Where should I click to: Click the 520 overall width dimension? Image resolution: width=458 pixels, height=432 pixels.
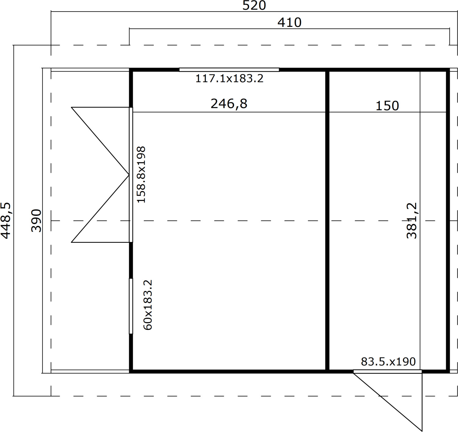[254, 6]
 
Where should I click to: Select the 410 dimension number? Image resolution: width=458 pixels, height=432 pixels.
[289, 23]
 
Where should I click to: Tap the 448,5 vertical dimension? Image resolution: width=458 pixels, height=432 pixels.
[6, 221]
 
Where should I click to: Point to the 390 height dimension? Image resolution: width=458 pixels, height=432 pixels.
[36, 221]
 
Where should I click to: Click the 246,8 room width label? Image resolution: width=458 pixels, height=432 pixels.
[229, 104]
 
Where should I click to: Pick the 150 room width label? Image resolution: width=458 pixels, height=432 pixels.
[387, 106]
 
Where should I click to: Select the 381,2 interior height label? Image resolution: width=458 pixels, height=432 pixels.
[412, 221]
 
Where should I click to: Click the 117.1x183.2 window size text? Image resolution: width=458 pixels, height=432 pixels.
[229, 79]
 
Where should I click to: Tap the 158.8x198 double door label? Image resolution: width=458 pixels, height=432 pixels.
[141, 175]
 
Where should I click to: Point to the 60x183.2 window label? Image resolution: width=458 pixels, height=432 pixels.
[147, 305]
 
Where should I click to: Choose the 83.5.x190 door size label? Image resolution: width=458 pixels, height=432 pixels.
[388, 362]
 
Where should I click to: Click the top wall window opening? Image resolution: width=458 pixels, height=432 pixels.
[229, 70]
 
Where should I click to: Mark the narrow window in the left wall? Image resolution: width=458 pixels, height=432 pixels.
[131, 306]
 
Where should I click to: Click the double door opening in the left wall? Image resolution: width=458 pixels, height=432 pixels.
[131, 175]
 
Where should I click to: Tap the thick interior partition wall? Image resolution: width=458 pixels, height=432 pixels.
[327, 221]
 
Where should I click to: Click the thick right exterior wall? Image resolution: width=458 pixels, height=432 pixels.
[448, 221]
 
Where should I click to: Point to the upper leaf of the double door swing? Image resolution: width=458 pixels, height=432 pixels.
[100, 141]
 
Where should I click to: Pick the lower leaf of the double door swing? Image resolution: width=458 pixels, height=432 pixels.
[100, 209]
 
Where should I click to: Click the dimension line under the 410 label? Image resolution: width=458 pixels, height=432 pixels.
[289, 29]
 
